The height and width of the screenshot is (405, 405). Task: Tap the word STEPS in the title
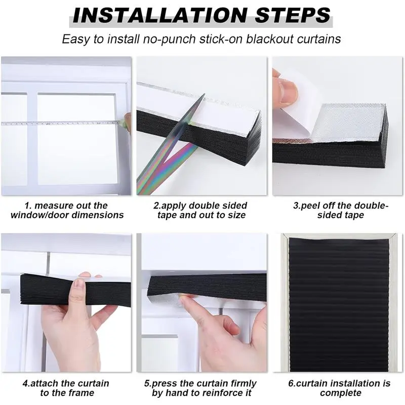tap(293, 15)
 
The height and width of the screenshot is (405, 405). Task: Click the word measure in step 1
tap(54, 206)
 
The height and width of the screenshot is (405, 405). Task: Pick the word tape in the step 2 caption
tap(167, 215)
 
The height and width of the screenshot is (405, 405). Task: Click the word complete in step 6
tap(340, 393)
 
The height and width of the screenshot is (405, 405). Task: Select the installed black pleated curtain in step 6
tap(339, 305)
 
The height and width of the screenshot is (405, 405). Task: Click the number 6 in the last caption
tap(291, 384)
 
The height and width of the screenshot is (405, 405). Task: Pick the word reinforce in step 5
tap(206, 393)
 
